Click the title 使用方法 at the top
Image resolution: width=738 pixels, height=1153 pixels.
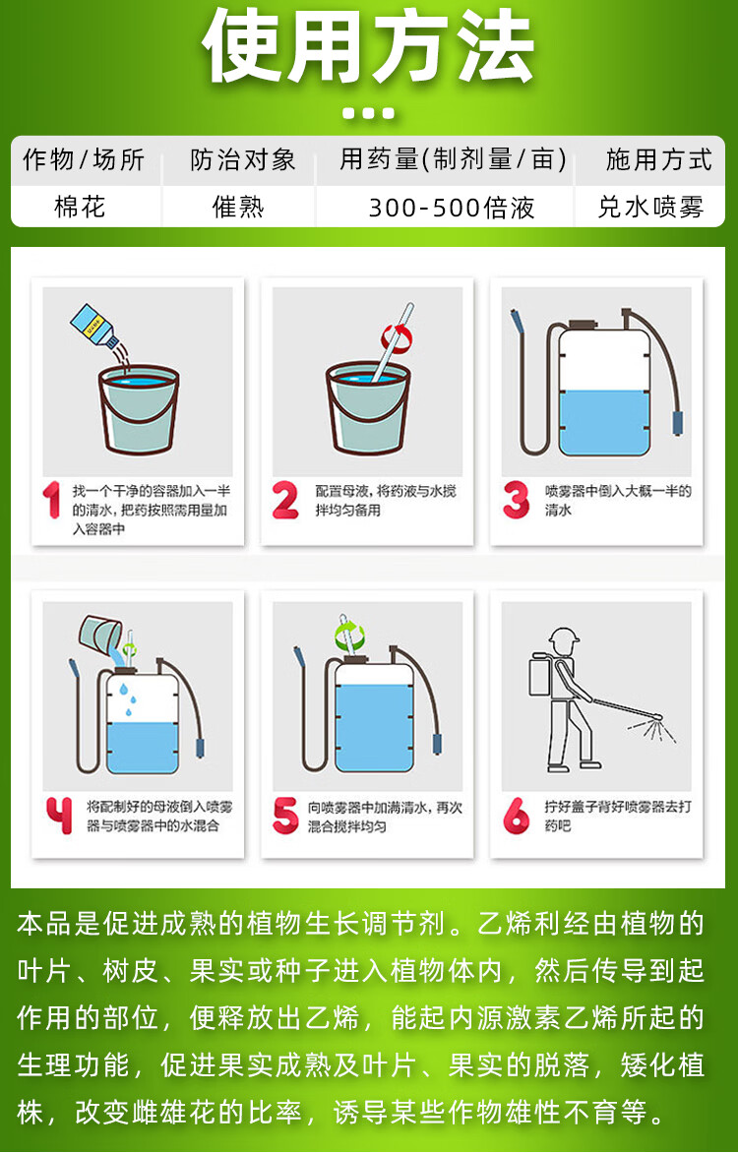pyautogui.click(x=368, y=47)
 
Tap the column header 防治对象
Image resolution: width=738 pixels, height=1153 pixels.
pyautogui.click(x=243, y=159)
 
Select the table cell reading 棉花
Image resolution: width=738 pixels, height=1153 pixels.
pyautogui.click(x=81, y=207)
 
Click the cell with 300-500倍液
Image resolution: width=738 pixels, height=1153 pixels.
pyautogui.click(x=451, y=208)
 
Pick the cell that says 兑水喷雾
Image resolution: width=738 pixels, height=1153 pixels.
pyautogui.click(x=650, y=207)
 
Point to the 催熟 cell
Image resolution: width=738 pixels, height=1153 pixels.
pyautogui.click(x=238, y=207)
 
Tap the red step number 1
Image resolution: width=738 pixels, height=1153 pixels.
pyautogui.click(x=51, y=500)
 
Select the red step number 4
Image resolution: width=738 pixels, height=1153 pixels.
pyautogui.click(x=59, y=816)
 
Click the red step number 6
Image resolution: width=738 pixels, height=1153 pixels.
pyautogui.click(x=516, y=816)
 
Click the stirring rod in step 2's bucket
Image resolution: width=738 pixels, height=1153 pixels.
pyautogui.click(x=393, y=342)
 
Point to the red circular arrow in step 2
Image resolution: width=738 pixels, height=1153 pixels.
pyautogui.click(x=397, y=337)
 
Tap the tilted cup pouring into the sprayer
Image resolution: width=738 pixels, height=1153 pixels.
pyautogui.click(x=101, y=635)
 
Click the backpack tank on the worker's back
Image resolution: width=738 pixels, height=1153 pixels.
pyautogui.click(x=543, y=676)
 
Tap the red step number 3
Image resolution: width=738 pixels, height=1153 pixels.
pyautogui.click(x=516, y=500)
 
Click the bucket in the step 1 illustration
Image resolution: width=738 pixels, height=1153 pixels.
pyautogui.click(x=139, y=409)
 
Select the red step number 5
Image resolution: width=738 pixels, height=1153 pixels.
pyautogui.click(x=285, y=816)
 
